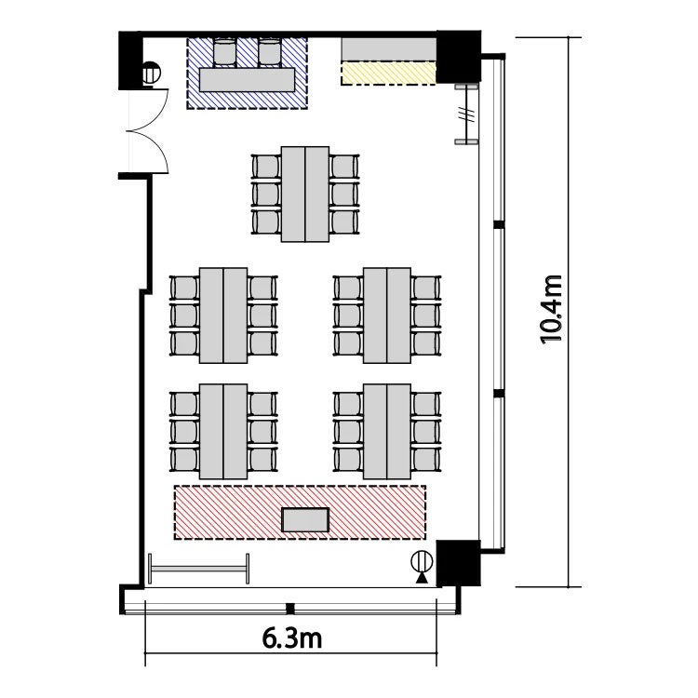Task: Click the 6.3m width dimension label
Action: pyautogui.click(x=291, y=638)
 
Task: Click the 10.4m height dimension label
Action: pyautogui.click(x=551, y=310)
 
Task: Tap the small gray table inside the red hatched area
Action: pyautogui.click(x=306, y=520)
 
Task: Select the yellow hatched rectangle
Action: pyautogui.click(x=388, y=73)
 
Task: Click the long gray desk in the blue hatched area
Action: pyautogui.click(x=247, y=80)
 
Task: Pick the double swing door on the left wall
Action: pyautogui.click(x=148, y=130)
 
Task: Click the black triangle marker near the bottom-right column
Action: pyautogui.click(x=421, y=578)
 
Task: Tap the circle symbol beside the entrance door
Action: pyautogui.click(x=152, y=73)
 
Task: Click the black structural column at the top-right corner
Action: pyautogui.click(x=458, y=57)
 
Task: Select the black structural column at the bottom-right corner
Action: pyautogui.click(x=458, y=563)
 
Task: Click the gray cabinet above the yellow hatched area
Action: pyautogui.click(x=388, y=49)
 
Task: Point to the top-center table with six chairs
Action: pyautogui.click(x=305, y=195)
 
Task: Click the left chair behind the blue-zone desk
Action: pyautogui.click(x=224, y=52)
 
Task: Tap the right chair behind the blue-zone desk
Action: pyautogui.click(x=270, y=52)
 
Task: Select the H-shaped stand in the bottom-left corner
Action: pyautogui.click(x=198, y=569)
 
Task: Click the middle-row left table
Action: pyautogui.click(x=223, y=315)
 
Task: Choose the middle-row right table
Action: pyautogui.click(x=387, y=315)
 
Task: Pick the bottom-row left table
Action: pyautogui.click(x=223, y=431)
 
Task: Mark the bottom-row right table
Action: pyautogui.click(x=387, y=431)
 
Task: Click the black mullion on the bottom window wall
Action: pyautogui.click(x=290, y=608)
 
